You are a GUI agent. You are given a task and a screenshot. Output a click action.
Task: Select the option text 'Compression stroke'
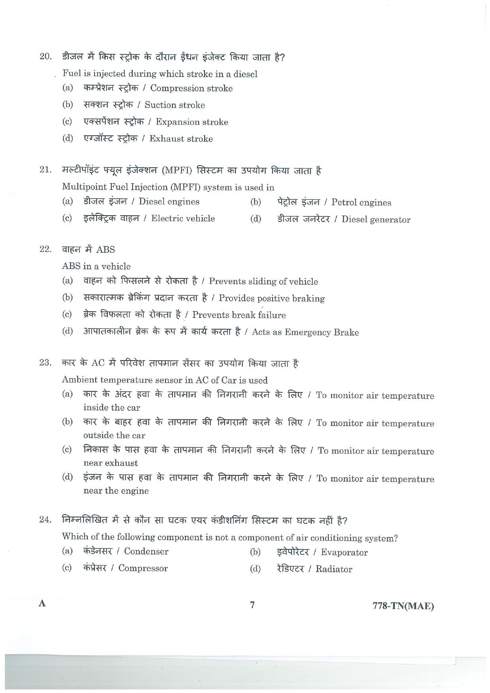(191, 88)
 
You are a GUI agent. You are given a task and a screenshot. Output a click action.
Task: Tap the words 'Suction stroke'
(175, 105)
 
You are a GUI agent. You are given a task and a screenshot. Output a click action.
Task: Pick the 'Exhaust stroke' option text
(181, 139)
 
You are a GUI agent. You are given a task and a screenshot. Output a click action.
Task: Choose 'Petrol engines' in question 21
(361, 203)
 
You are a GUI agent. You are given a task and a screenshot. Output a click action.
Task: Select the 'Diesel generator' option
(375, 220)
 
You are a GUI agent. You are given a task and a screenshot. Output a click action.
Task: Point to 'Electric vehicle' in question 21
(183, 219)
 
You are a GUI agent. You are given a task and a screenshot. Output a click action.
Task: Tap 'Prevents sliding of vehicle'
(263, 282)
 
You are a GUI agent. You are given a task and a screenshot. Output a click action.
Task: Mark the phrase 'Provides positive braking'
(272, 299)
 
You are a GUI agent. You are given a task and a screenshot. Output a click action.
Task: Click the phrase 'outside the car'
(114, 436)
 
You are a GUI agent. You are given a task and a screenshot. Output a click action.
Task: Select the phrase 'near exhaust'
(111, 463)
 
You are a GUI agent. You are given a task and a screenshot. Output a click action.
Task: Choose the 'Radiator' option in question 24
(334, 569)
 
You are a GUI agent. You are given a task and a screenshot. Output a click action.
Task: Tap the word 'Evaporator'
(344, 553)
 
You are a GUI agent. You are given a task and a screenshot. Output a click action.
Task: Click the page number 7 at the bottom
(252, 605)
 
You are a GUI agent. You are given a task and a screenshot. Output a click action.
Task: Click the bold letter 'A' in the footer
(42, 604)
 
